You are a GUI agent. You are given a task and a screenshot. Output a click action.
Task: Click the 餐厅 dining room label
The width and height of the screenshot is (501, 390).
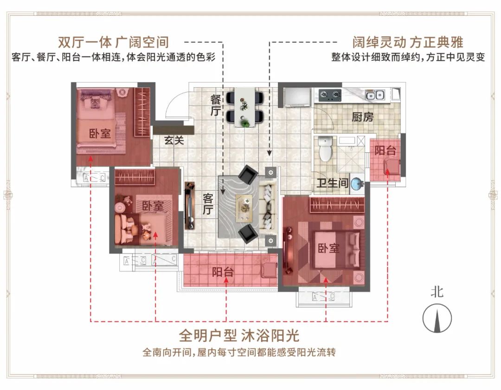coord(216,105)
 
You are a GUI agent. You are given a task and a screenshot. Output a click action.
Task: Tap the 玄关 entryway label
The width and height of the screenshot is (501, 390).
coord(174,140)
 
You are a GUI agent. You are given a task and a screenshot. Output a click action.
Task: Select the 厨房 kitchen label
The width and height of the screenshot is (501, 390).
coord(363,117)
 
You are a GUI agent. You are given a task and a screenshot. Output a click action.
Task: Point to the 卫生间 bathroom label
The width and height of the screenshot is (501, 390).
coord(333,183)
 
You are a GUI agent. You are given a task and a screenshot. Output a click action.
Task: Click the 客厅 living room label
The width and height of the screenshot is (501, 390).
coord(208,204)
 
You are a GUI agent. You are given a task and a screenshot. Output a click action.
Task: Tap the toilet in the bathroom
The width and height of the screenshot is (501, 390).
coord(326,149)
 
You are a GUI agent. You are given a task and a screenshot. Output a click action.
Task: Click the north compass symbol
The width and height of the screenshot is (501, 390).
coord(437,318)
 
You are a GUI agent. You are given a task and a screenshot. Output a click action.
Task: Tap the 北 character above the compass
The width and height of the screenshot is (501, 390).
coord(437,292)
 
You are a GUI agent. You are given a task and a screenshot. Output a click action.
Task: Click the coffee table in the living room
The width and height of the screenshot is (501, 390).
coord(244,208)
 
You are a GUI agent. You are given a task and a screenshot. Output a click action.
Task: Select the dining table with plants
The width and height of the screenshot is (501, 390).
coord(245,107)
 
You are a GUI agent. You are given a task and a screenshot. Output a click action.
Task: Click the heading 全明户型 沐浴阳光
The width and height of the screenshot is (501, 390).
coord(239,335)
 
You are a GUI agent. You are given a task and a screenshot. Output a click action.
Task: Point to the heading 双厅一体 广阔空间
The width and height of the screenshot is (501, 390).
coord(114,42)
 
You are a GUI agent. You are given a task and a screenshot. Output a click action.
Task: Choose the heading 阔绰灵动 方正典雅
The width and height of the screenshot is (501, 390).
coord(408,42)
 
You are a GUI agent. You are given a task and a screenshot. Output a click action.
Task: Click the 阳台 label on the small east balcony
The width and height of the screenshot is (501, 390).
coord(385,150)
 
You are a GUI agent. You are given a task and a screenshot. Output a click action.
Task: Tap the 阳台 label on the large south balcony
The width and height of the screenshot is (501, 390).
coord(223,272)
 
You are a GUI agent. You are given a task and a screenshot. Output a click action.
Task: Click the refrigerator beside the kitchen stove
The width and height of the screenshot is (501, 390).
coord(297,97)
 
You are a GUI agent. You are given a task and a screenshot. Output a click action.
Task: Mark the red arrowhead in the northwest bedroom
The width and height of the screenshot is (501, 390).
coord(91,159)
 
